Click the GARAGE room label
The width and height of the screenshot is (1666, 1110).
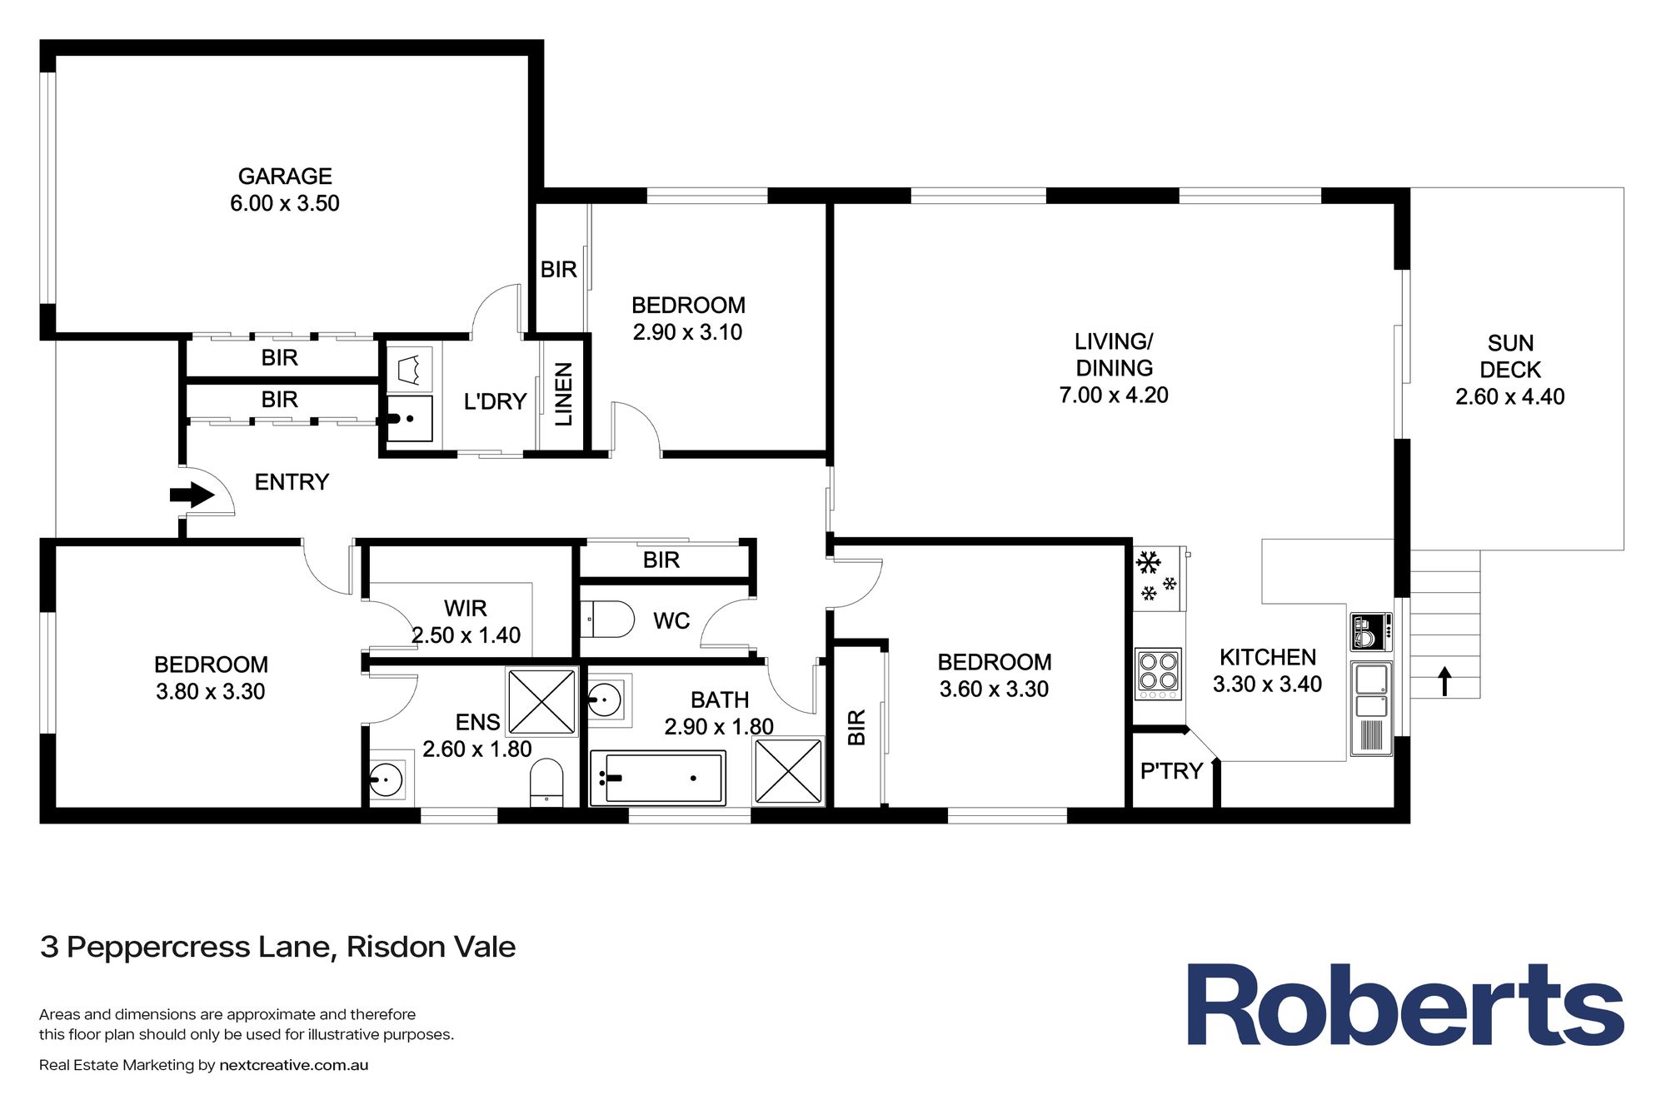coord(285,177)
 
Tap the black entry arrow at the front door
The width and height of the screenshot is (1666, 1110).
coord(192,495)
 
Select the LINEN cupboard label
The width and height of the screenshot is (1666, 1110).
coord(564,394)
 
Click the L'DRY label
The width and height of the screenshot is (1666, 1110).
coord(495,401)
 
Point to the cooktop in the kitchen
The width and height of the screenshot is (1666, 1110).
coord(1158,674)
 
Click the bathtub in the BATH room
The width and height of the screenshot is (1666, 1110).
coord(658,778)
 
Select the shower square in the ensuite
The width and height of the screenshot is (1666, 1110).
coord(541,701)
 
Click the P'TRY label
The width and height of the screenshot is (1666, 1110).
coord(1171,771)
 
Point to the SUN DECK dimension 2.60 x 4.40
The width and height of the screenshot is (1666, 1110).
coord(1509,396)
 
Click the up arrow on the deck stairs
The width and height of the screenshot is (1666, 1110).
coord(1444,681)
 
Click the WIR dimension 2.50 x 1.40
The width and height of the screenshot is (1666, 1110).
coord(466,635)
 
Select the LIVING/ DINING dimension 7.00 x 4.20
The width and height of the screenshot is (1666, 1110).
coord(1113,395)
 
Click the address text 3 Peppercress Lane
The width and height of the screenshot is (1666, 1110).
coord(277,947)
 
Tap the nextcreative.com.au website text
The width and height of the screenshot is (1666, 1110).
coord(293,1065)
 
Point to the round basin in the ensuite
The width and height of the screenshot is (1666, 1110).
coord(386,781)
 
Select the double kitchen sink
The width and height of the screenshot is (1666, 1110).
coord(1370,692)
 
